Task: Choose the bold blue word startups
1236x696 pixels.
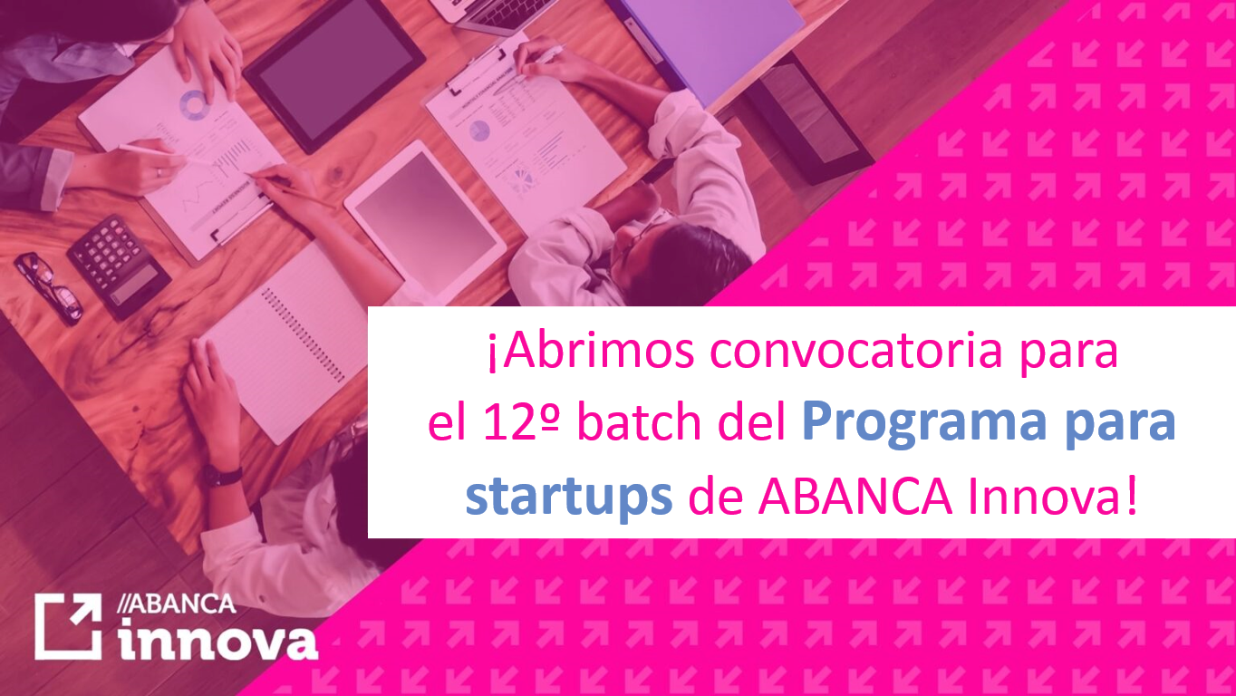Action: point(569,498)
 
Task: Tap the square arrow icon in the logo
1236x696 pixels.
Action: point(69,626)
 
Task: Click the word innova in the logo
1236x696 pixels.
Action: point(219,639)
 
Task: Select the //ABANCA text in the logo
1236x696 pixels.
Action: point(177,604)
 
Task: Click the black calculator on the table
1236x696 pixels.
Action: point(118,266)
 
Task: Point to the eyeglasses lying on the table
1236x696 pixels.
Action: point(49,288)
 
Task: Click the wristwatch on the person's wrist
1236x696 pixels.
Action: point(224,475)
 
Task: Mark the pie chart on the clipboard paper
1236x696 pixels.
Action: point(479,130)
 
